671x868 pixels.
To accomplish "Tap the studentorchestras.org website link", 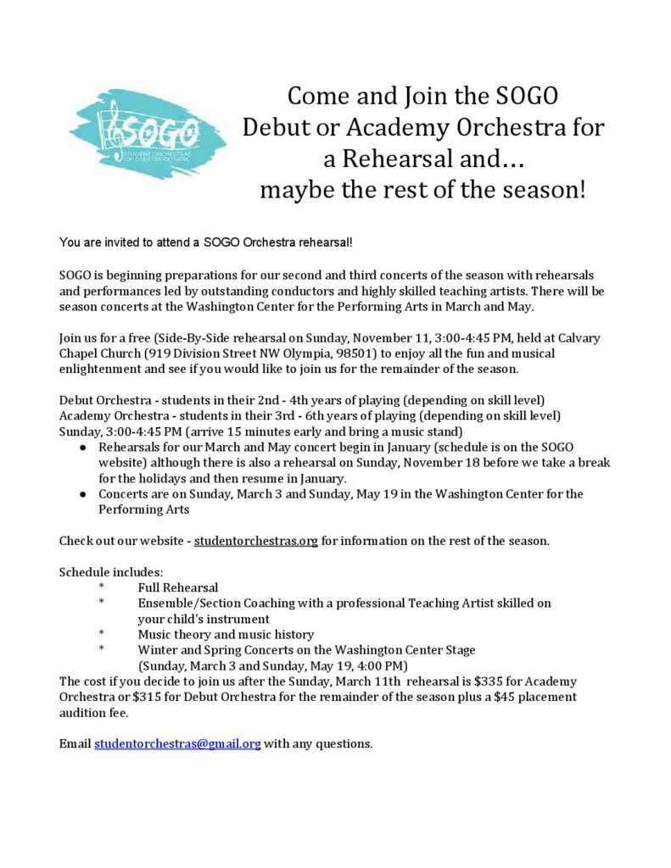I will coord(255,540).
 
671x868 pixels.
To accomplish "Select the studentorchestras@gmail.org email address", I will coord(177,743).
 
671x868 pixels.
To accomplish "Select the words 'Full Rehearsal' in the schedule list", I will coord(178,587).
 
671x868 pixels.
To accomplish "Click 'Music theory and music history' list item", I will coord(226,634).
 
